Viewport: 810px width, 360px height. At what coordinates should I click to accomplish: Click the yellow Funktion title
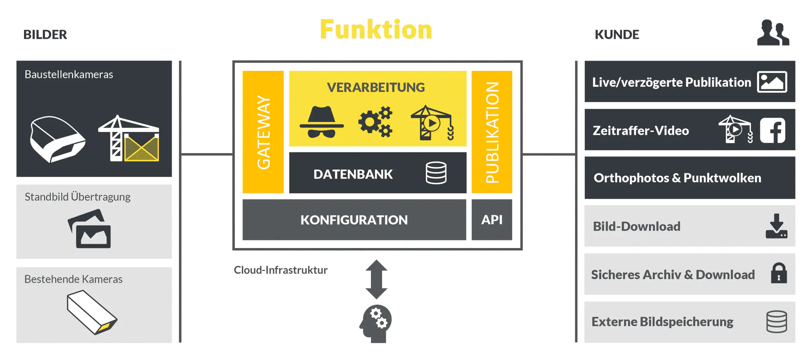[x=376, y=30]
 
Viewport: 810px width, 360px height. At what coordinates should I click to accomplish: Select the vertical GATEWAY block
[x=263, y=132]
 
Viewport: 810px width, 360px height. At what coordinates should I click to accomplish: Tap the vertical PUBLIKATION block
[x=492, y=132]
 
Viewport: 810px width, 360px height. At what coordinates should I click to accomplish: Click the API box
[x=492, y=220]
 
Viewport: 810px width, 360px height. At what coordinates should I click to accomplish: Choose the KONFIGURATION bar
[x=354, y=220]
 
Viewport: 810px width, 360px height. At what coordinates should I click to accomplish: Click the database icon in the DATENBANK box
[x=436, y=173]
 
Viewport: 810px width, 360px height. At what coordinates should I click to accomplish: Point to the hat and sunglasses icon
[x=321, y=122]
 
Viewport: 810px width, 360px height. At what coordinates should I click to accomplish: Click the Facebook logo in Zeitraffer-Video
[x=772, y=130]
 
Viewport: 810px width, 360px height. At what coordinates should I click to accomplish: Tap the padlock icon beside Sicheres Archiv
[x=779, y=274]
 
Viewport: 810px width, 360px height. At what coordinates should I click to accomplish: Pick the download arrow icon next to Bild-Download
[x=776, y=226]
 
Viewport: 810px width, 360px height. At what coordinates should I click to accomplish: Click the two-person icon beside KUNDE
[x=773, y=33]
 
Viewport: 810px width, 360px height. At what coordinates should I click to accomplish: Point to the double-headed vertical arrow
[x=376, y=279]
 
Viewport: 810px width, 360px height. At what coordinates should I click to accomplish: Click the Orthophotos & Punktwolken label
[x=677, y=178]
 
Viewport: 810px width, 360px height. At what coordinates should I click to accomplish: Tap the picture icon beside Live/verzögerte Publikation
[x=772, y=82]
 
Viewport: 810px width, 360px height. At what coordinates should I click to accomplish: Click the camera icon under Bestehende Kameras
[x=92, y=312]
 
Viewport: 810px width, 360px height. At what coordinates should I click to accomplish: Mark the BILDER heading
[x=45, y=35]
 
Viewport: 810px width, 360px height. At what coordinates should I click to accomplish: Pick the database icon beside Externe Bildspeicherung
[x=776, y=322]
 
